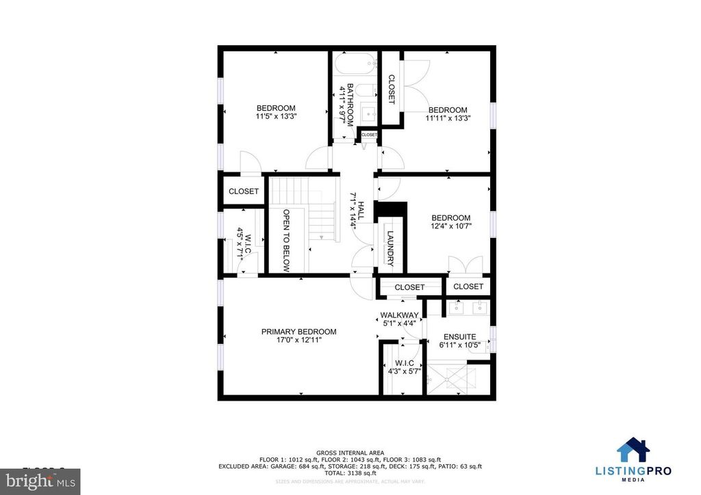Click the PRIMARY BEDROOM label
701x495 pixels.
click(298, 332)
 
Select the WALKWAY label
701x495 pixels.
click(399, 315)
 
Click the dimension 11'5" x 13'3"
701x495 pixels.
click(276, 116)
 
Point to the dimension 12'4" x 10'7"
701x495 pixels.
click(451, 227)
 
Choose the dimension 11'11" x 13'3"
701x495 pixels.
click(448, 118)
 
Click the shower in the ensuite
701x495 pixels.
click(450, 379)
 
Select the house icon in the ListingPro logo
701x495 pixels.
click(634, 451)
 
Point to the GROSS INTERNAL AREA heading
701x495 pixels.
click(350, 453)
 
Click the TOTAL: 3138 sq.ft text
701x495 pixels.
click(350, 473)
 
